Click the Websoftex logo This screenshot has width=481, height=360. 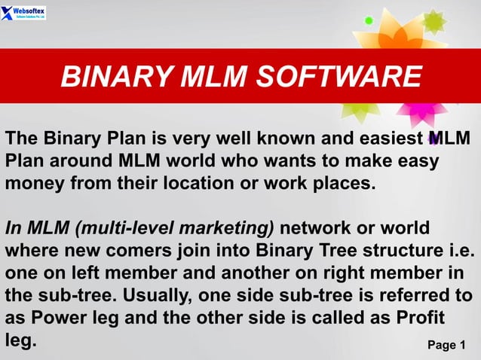pos(24,13)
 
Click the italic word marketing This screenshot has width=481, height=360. pos(231,227)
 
